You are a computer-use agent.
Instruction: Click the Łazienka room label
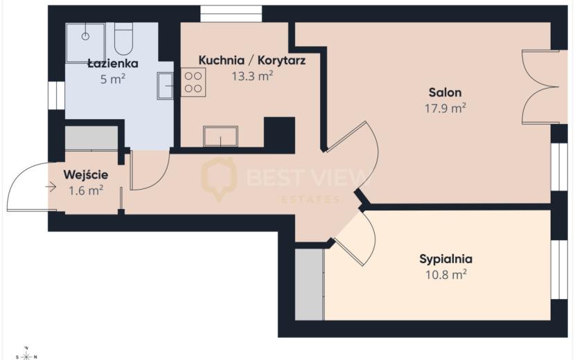click(113, 64)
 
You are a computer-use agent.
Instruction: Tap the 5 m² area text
click(113, 79)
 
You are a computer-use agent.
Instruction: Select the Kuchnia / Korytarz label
click(252, 60)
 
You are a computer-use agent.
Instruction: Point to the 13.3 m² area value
click(252, 76)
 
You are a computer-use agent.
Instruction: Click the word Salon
click(445, 92)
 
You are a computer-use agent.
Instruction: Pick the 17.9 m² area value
click(445, 108)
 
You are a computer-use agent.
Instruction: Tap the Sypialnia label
click(445, 259)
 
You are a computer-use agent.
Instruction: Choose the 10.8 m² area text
click(445, 274)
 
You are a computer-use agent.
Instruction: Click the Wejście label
click(86, 175)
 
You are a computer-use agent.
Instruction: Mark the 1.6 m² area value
click(86, 190)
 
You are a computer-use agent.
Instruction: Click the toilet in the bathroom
click(123, 38)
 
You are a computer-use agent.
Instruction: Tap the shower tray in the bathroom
click(86, 42)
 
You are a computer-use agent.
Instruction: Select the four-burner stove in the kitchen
click(193, 82)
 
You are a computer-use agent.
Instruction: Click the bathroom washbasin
click(166, 86)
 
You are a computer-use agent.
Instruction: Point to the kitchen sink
click(220, 136)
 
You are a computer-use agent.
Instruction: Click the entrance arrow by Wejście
click(51, 188)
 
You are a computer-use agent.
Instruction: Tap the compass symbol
click(26, 355)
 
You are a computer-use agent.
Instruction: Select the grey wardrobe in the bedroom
click(310, 285)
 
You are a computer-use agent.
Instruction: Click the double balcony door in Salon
click(540, 87)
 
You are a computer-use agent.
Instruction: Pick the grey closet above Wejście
click(91, 138)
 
